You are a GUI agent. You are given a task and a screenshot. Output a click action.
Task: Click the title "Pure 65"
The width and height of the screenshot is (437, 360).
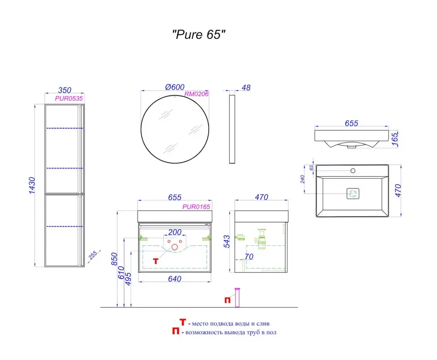coord(199,34)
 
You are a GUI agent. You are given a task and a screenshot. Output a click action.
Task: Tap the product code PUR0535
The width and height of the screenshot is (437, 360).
coord(69,99)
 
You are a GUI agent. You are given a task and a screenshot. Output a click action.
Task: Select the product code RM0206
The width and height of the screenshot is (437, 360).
coord(197,94)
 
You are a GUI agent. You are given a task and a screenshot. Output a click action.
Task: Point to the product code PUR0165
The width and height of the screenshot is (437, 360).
coord(196,206)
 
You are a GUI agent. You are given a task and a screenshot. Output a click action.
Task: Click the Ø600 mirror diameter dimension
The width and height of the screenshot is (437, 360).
coord(175,87)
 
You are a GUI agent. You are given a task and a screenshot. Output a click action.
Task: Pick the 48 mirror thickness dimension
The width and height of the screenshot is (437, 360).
coord(246,87)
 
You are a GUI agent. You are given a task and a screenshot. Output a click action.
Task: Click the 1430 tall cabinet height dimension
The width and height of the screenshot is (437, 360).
coord(32,186)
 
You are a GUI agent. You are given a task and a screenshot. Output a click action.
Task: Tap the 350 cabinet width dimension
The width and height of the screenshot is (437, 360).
coord(65,90)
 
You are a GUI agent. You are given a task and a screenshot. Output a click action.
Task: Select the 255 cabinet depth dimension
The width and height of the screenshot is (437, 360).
coord(93,255)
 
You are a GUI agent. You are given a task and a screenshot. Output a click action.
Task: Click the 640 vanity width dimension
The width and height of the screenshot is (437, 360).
coord(175,278)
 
